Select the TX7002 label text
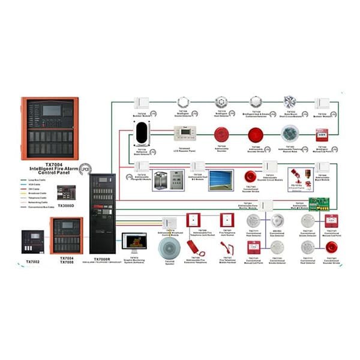click(33, 262)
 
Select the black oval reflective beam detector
click(142, 133)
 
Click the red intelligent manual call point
click(322, 135)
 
